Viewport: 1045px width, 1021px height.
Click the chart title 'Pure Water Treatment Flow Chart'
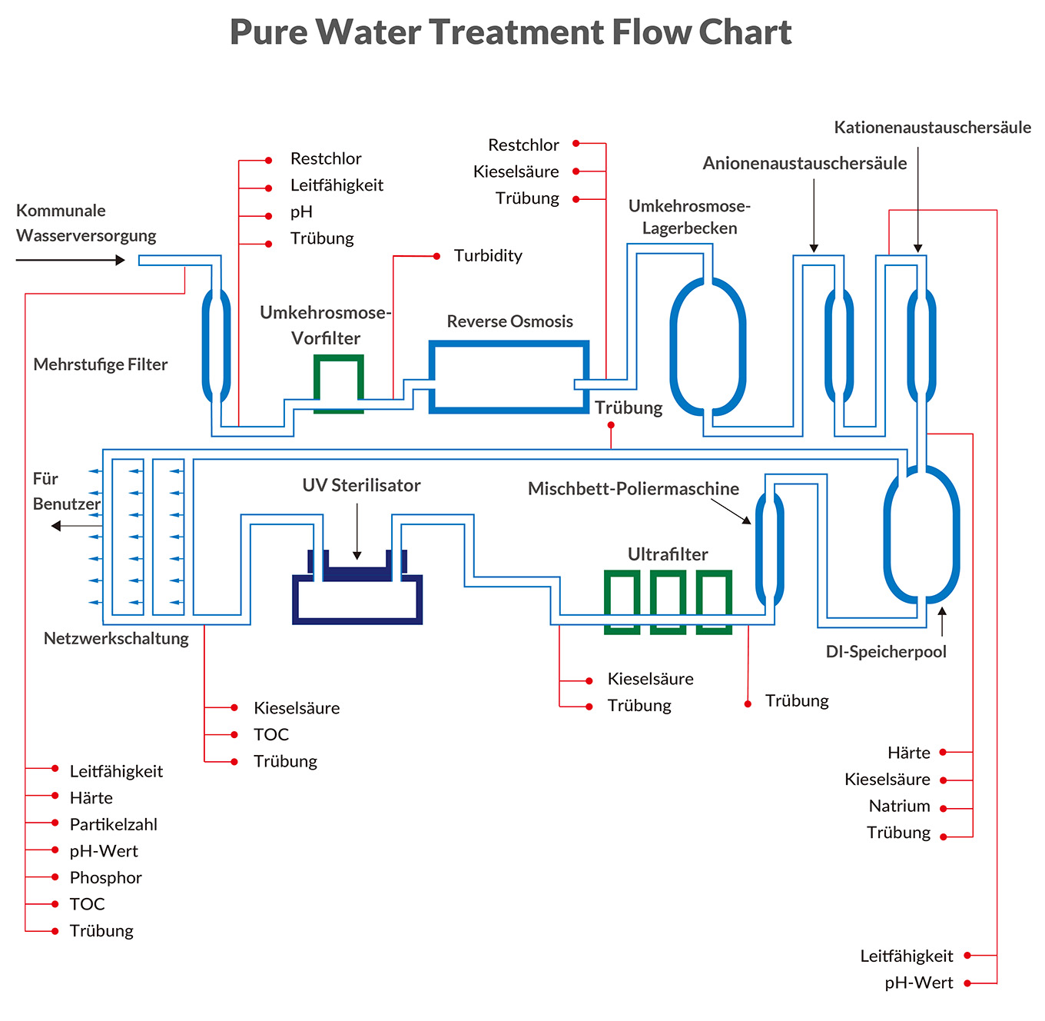click(511, 32)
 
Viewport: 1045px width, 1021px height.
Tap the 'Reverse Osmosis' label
click(510, 321)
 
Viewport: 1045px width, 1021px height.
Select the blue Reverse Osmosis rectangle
click(509, 377)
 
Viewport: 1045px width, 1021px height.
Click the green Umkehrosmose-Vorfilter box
click(339, 382)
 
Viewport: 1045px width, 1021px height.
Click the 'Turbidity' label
click(488, 256)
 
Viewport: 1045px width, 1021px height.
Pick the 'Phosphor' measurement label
click(106, 877)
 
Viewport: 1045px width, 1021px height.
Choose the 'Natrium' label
click(899, 806)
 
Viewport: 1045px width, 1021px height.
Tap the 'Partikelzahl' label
click(114, 824)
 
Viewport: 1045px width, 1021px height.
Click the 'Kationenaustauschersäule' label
click(932, 128)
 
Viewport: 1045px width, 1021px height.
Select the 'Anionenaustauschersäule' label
click(804, 163)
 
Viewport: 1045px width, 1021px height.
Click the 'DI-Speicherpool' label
click(886, 652)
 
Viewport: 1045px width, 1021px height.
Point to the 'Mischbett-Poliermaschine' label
click(633, 489)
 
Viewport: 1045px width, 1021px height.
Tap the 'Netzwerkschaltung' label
click(116, 638)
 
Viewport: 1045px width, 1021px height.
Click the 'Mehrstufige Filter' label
click(101, 364)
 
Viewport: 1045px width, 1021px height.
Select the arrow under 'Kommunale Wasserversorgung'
click(70, 260)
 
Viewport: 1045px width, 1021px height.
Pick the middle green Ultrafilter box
click(668, 601)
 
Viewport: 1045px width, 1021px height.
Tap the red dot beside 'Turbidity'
click(436, 256)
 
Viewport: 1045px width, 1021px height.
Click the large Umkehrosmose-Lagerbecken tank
click(708, 346)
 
